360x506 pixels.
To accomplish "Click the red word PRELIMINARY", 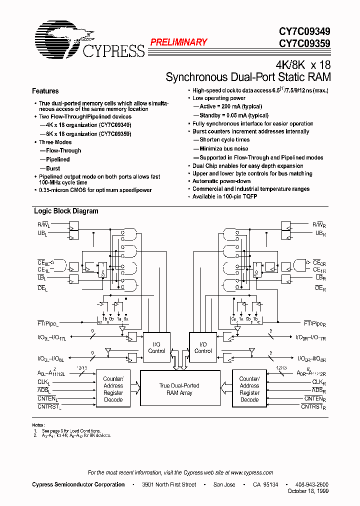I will (x=178, y=42).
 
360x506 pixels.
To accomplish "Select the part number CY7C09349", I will (x=304, y=31).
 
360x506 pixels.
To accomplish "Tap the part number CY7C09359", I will (x=304, y=43).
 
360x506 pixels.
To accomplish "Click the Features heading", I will (x=45, y=91).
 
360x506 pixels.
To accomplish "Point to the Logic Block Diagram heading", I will (x=66, y=211).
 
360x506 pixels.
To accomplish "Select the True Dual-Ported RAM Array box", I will (x=179, y=389).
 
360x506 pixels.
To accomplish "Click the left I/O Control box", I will (x=156, y=347).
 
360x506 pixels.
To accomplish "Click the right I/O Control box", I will (x=203, y=347).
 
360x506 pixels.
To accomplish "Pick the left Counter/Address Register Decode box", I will (x=113, y=389).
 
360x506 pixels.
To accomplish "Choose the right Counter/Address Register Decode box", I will (x=249, y=389).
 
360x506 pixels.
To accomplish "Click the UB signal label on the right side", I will (x=320, y=233).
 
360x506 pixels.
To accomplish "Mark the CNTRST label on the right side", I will (x=313, y=407).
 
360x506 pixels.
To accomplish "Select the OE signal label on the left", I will (x=42, y=288).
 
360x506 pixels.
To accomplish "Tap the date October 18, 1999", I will (x=308, y=491).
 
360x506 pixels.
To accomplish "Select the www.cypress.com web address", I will (x=252, y=472).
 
